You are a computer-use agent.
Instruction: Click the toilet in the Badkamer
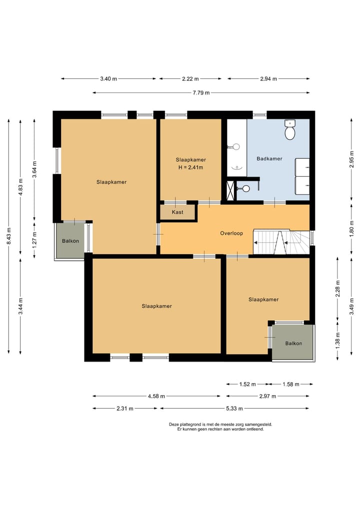pyautogui.click(x=289, y=129)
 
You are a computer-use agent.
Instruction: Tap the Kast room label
pyautogui.click(x=177, y=212)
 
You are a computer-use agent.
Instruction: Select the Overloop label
pyautogui.click(x=231, y=233)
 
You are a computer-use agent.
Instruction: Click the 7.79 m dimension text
pyautogui.click(x=201, y=92)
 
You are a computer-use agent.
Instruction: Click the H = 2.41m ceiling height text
pyautogui.click(x=190, y=167)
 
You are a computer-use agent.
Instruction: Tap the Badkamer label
pyautogui.click(x=269, y=159)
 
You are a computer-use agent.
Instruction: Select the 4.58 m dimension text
pyautogui.click(x=156, y=396)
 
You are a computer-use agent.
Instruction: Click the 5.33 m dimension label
pyautogui.click(x=234, y=409)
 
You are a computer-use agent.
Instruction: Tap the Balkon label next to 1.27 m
pyautogui.click(x=70, y=241)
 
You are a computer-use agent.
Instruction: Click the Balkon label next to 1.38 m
pyautogui.click(x=293, y=344)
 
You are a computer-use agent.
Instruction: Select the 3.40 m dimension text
pyautogui.click(x=108, y=79)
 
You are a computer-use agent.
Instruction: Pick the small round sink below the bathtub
pyautogui.click(x=245, y=188)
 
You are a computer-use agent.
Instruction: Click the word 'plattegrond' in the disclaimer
pyautogui.click(x=190, y=425)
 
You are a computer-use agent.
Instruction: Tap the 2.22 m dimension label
pyautogui.click(x=190, y=79)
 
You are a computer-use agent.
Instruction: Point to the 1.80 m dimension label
pyautogui.click(x=351, y=229)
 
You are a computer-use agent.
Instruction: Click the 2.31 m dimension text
pyautogui.click(x=125, y=409)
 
